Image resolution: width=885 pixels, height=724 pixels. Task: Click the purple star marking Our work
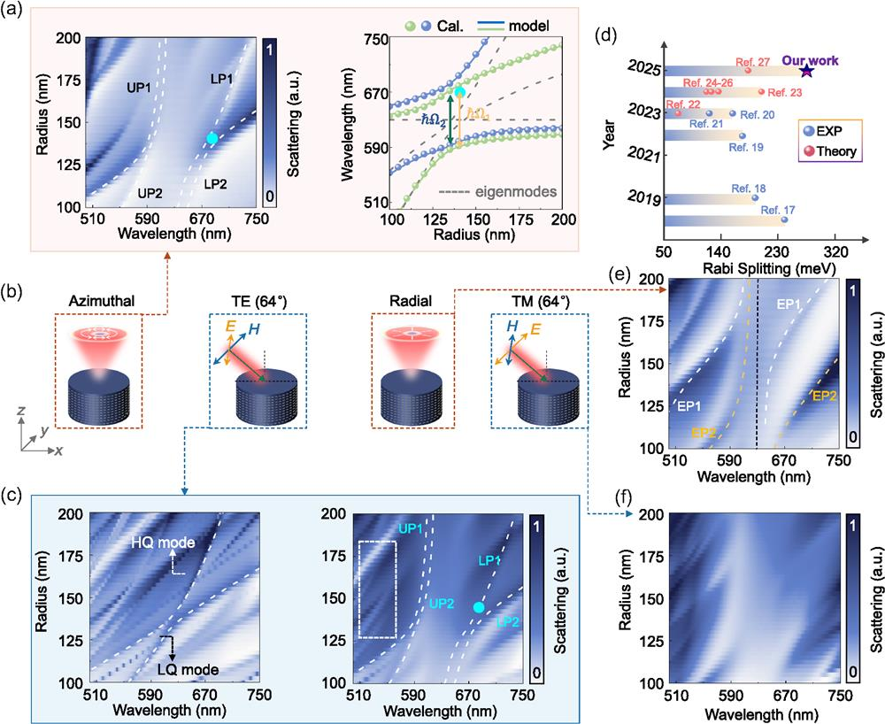tap(807, 71)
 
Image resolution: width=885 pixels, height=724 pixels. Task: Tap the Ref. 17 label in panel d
tap(778, 210)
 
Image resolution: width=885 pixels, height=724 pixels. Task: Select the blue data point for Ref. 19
tap(743, 135)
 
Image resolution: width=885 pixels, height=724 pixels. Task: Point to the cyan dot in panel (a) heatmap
tap(212, 138)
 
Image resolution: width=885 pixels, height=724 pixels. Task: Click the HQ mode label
tap(163, 543)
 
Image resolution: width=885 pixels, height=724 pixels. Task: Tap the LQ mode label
tap(189, 670)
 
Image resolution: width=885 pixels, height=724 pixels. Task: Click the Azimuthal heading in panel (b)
tap(102, 301)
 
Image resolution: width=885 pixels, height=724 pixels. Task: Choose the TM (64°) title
tap(538, 302)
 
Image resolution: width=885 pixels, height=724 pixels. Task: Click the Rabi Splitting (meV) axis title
tap(769, 267)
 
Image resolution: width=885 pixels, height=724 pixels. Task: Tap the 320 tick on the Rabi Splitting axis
tap(836, 251)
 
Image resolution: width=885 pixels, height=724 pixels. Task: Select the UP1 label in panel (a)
tap(139, 88)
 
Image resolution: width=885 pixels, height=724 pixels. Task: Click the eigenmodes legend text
tap(516, 192)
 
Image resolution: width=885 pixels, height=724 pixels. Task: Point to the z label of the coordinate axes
tap(21, 411)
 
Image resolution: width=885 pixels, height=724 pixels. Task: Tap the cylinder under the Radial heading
tap(412, 403)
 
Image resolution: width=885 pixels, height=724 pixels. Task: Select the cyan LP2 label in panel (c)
tap(507, 622)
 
